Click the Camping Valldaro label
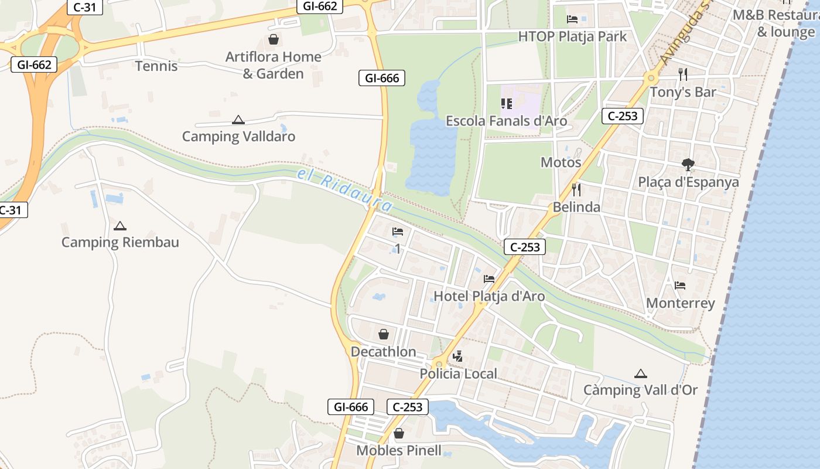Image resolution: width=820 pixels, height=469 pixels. [238, 137]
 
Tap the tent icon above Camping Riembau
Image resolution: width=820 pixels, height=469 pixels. [120, 226]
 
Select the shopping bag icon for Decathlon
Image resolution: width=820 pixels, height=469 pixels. [384, 334]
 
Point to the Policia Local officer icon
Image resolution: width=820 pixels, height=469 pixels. [458, 356]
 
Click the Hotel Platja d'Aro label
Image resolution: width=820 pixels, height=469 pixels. [489, 296]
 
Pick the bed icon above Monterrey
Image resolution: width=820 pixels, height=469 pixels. [680, 286]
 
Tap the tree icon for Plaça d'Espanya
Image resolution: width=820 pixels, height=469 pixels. [688, 165]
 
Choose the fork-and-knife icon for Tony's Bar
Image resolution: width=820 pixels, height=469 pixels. [682, 74]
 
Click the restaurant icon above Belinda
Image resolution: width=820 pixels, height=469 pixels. [576, 189]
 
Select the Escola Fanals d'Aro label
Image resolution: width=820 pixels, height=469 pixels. [507, 121]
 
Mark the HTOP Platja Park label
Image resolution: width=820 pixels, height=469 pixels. [572, 36]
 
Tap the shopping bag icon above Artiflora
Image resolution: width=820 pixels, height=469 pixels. [273, 39]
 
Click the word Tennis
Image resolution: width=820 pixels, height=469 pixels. [156, 66]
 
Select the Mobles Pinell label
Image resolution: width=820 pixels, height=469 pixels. [399, 451]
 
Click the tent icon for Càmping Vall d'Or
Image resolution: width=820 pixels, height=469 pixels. [641, 373]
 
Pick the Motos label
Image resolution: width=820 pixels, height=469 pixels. [561, 162]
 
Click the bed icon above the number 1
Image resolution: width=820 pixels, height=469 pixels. [398, 232]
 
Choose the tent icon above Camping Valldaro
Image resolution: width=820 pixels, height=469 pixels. [238, 120]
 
